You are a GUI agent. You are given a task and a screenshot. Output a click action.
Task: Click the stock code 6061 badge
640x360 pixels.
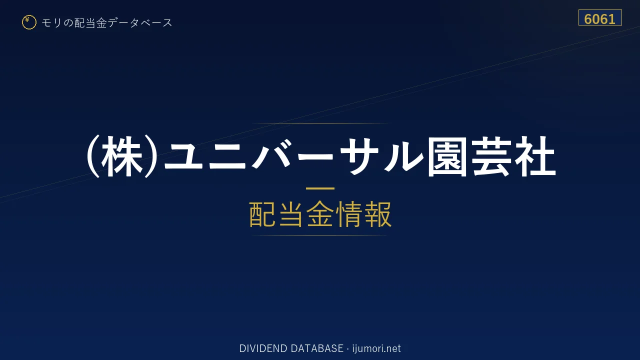pyautogui.click(x=600, y=17)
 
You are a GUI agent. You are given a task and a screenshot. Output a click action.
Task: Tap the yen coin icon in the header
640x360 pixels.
pyautogui.click(x=29, y=22)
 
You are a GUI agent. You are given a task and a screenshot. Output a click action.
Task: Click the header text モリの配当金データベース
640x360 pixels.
pyautogui.click(x=107, y=23)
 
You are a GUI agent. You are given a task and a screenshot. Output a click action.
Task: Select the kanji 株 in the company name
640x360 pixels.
pyautogui.click(x=122, y=156)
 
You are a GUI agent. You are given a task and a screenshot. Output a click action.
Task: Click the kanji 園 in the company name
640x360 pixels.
pyautogui.click(x=447, y=156)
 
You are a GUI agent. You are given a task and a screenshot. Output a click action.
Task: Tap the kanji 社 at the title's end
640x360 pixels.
pyautogui.click(x=535, y=156)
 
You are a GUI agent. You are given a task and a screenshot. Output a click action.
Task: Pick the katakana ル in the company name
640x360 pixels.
pyautogui.click(x=403, y=156)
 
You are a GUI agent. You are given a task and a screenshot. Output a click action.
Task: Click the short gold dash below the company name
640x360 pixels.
pyautogui.click(x=320, y=188)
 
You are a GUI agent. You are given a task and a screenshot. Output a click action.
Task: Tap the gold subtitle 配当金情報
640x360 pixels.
pyautogui.click(x=320, y=214)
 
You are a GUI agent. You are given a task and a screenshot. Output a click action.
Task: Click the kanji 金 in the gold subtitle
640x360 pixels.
pyautogui.click(x=320, y=214)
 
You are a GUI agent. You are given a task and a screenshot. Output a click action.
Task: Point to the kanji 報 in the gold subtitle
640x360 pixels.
pyautogui.click(x=377, y=214)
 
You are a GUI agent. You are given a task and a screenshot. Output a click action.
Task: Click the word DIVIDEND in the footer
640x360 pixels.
pyautogui.click(x=263, y=348)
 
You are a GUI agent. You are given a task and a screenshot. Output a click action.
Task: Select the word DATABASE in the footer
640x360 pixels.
pyautogui.click(x=317, y=348)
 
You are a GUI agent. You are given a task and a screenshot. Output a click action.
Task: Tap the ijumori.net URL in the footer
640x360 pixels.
pyautogui.click(x=376, y=348)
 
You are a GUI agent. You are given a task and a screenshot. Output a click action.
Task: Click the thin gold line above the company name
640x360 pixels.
pyautogui.click(x=320, y=123)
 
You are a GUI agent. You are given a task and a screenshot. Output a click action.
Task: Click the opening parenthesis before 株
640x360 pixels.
pyautogui.click(x=93, y=156)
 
